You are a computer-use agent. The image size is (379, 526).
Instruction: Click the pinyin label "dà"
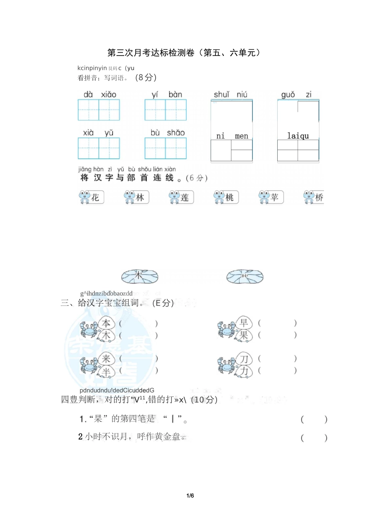88,95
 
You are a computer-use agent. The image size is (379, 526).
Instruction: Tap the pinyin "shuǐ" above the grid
221,95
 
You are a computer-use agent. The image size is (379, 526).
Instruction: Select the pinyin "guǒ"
288,95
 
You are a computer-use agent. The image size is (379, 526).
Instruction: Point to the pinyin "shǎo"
176,133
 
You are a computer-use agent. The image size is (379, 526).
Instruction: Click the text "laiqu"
298,136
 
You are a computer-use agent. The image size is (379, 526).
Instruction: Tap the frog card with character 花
91,197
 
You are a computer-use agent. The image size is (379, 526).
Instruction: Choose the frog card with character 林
136,197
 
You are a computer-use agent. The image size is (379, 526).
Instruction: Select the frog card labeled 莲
181,197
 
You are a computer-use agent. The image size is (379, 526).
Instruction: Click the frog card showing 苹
271,197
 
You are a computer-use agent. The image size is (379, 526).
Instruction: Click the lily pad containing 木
140,276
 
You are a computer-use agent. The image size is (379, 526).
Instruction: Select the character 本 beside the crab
106,323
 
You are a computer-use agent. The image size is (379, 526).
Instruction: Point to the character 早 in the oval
244,322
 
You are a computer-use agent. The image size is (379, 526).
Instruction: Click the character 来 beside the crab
106,358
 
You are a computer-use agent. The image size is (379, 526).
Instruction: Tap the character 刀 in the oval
244,359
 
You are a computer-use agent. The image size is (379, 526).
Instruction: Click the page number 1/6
190,496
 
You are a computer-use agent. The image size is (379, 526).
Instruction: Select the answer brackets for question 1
314,419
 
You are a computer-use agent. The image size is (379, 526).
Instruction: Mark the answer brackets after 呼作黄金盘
314,438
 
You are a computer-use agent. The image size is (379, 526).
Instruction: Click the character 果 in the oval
244,335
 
